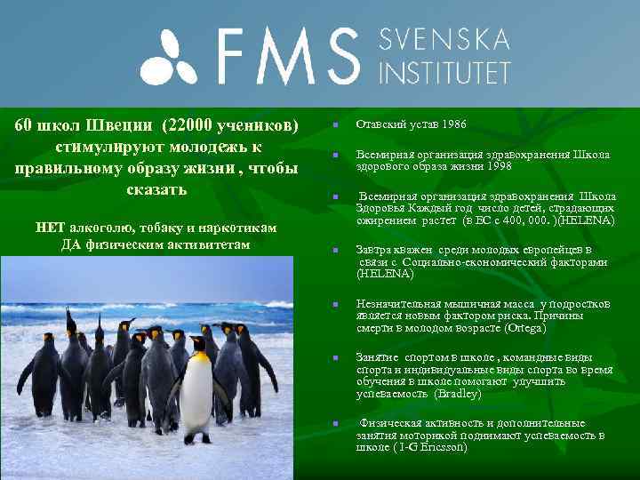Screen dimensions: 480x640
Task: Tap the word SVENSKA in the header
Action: click(x=444, y=39)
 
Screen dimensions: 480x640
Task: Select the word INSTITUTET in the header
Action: click(x=444, y=71)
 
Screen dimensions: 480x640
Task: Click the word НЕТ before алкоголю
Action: click(x=50, y=227)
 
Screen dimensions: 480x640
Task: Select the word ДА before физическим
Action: click(x=71, y=244)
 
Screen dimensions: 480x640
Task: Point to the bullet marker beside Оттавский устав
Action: click(x=336, y=124)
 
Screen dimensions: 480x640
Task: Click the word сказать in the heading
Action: click(x=157, y=189)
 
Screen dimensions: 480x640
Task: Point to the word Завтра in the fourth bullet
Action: click(x=374, y=250)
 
